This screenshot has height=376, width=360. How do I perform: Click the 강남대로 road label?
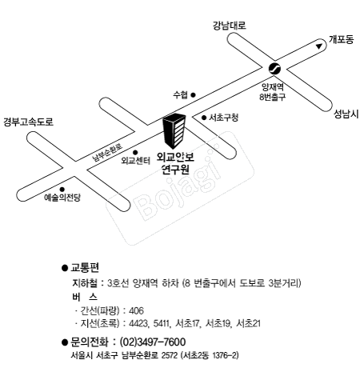point(229,26)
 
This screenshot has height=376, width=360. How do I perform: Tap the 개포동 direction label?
point(341,39)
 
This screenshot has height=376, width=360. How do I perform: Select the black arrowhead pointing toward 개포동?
point(318,46)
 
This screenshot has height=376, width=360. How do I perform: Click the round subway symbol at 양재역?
point(274,69)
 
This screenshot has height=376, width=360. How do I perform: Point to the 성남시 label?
point(346,114)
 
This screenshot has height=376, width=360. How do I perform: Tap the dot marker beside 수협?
point(194,94)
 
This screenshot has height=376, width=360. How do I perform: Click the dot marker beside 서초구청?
point(204,118)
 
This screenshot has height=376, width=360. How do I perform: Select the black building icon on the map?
point(174,130)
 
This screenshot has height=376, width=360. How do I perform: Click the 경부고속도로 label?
point(28,122)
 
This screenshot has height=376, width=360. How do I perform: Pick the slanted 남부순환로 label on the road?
point(107,153)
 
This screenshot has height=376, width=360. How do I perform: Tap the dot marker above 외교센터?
point(135,153)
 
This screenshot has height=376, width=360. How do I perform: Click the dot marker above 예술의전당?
point(62,190)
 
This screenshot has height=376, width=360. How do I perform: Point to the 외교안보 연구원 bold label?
point(175,163)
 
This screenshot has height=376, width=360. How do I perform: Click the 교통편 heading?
point(85,268)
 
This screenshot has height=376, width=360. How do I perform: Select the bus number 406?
point(136,310)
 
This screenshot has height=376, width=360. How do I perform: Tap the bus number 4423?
point(138,323)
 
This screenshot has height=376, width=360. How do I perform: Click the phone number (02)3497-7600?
point(153,342)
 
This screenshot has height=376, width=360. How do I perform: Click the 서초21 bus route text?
point(248,323)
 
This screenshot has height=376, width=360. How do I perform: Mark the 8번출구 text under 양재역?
point(273,97)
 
